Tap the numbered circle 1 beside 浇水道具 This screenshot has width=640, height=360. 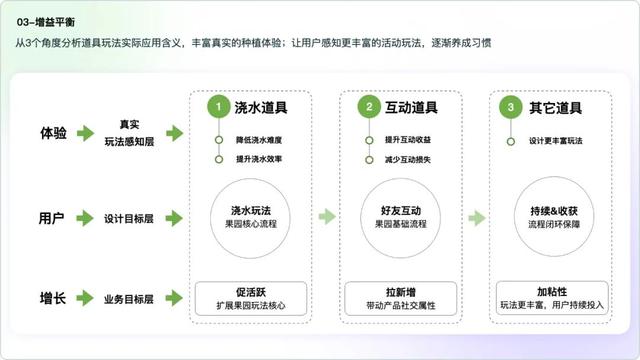[x=217, y=106]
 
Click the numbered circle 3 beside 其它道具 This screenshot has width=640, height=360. [x=512, y=106]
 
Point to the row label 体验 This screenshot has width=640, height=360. [x=55, y=133]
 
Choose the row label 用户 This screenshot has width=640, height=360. [x=55, y=217]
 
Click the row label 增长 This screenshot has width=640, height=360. [x=55, y=297]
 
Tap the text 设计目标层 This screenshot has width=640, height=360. [x=129, y=217]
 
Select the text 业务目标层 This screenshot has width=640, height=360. [x=129, y=297]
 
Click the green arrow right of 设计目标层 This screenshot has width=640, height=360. [x=174, y=217]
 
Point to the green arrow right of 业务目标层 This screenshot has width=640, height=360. [x=174, y=297]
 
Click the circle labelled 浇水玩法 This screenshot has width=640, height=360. [x=253, y=217]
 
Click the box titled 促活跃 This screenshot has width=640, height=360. [x=253, y=296]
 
